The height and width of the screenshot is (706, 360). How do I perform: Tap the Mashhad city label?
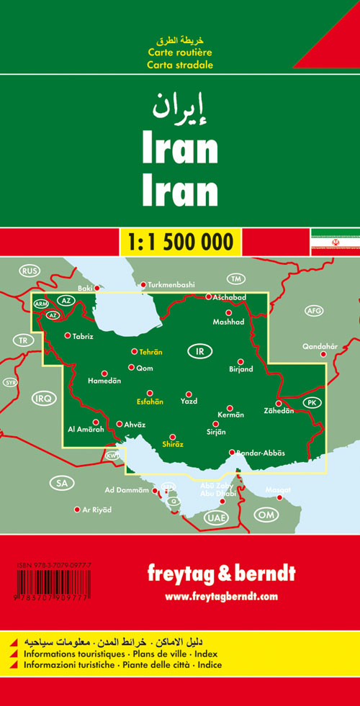[x=229, y=322]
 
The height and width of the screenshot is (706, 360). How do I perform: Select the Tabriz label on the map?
[x=84, y=335]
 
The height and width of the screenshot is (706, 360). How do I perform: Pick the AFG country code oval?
[x=314, y=311]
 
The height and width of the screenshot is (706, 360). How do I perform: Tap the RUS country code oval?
[x=29, y=271]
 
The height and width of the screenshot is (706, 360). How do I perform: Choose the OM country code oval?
[x=267, y=515]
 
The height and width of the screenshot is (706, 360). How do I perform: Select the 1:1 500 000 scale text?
[x=180, y=240]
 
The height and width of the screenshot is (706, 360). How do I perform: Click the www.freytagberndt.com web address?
[x=220, y=596]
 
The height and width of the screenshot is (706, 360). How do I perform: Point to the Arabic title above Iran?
[x=179, y=107]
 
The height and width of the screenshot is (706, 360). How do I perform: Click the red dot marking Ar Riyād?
[x=77, y=510]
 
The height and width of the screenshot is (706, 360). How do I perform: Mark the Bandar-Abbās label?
[x=261, y=453]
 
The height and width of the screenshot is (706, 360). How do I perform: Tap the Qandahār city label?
[x=320, y=346]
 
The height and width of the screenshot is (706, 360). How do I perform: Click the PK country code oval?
[x=311, y=402]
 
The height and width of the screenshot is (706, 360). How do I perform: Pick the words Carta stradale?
[x=180, y=65]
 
